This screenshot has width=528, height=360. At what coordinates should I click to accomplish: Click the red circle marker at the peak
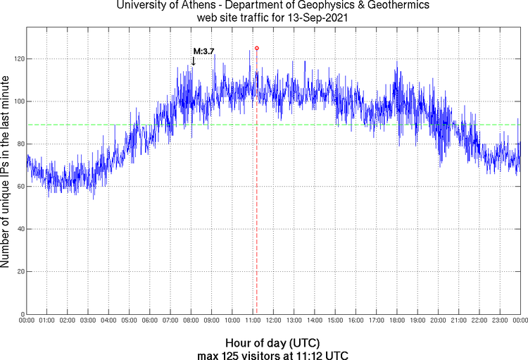[256, 48]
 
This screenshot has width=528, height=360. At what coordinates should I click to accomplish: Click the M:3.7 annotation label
[203, 51]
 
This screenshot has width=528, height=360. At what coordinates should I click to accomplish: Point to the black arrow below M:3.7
[193, 62]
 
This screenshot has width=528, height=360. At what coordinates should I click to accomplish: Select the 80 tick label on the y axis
[18, 144]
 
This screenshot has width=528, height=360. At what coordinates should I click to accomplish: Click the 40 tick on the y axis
[18, 229]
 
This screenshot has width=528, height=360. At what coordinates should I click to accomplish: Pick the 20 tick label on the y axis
[18, 271]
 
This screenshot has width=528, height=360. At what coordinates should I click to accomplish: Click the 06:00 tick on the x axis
[150, 321]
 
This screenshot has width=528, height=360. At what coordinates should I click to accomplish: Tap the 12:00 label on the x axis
[273, 321]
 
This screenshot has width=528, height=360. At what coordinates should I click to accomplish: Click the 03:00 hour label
[88, 321]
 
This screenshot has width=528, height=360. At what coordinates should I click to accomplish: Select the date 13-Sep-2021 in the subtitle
[316, 18]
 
